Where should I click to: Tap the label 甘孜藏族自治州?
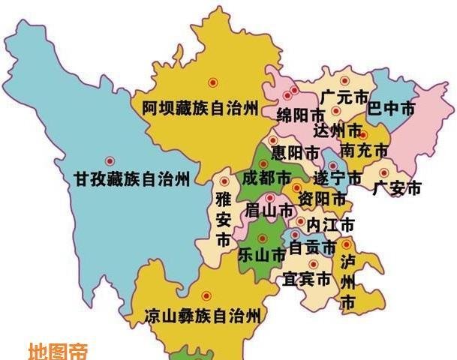131,179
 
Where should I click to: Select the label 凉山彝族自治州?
203,316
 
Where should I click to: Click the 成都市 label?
266,178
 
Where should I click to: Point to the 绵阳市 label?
301,115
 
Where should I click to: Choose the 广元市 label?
343,97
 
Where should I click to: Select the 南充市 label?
364,151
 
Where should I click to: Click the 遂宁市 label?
338,178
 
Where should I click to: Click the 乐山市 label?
262,255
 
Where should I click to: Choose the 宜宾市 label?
307,280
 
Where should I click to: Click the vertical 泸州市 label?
347,283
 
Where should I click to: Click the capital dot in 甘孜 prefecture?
110,160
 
